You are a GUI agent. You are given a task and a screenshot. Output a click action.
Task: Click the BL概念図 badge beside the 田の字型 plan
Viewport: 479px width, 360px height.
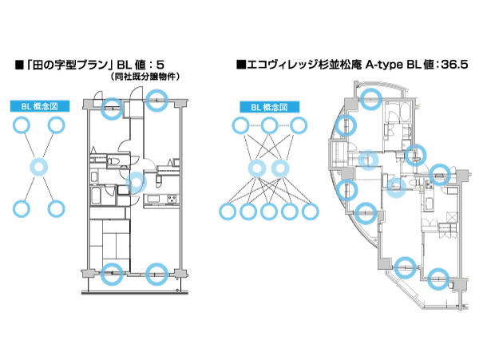pyautogui.click(x=39, y=106)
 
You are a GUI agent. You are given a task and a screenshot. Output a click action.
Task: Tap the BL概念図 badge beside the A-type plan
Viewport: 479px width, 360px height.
pyautogui.click(x=269, y=106)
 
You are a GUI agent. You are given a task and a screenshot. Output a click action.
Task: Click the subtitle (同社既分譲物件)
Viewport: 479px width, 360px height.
pyautogui.click(x=144, y=77)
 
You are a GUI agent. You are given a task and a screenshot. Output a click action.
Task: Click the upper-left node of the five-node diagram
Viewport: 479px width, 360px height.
pyautogui.click(x=22, y=125)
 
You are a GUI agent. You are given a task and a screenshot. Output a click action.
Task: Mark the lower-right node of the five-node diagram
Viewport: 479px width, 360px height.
pyautogui.click(x=56, y=209)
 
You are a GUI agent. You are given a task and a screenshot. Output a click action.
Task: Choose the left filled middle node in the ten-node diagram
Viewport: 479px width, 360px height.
pyautogui.click(x=258, y=168)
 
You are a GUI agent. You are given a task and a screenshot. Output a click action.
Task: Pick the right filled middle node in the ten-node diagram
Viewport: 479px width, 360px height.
pyautogui.click(x=280, y=168)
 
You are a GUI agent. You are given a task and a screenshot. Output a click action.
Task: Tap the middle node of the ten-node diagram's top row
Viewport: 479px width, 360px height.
pyautogui.click(x=270, y=125)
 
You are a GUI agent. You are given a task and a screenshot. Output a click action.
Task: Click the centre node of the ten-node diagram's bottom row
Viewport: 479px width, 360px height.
pyautogui.click(x=270, y=212)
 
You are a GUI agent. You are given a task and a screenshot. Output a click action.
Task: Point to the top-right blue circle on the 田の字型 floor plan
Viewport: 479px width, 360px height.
pyautogui.click(x=157, y=97)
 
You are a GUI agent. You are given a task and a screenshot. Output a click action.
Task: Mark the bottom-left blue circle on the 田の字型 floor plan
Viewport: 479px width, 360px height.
pyautogui.click(x=113, y=271)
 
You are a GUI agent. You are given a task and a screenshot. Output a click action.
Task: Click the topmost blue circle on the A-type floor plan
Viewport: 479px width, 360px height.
pyautogui.click(x=370, y=98)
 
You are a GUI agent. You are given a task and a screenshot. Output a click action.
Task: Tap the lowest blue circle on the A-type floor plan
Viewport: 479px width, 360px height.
pyautogui.click(x=436, y=279)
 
